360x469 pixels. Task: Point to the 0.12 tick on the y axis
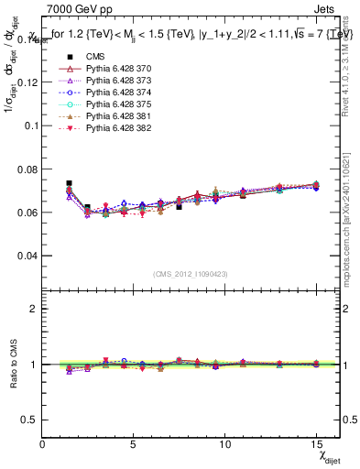click(x=27, y=82)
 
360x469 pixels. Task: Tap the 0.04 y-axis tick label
click(x=27, y=256)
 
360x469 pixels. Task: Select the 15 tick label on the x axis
click(x=316, y=443)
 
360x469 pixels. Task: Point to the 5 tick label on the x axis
click(x=134, y=443)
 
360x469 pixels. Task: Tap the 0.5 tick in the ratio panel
click(x=30, y=420)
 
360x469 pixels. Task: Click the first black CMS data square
click(x=70, y=183)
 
